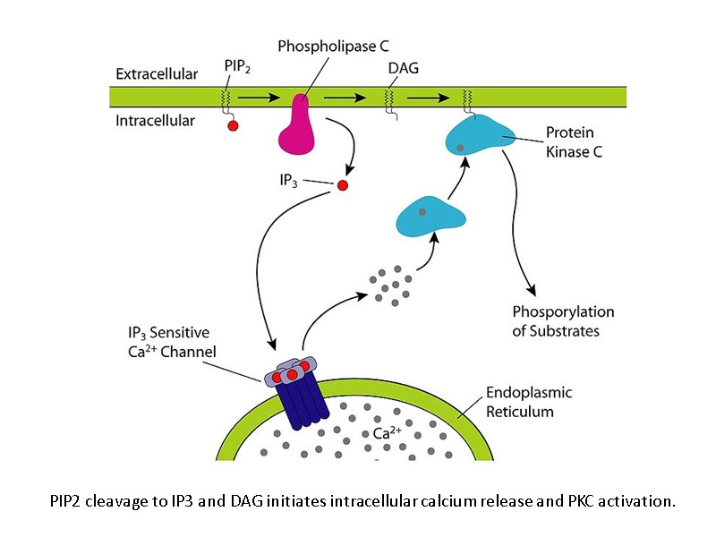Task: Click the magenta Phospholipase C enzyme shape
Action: [x=297, y=128]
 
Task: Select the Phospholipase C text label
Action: [x=333, y=47]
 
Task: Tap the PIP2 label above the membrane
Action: [x=237, y=66]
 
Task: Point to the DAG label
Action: [x=404, y=68]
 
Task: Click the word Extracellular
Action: [x=157, y=74]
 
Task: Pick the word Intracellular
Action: [x=155, y=121]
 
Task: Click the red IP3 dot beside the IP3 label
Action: [x=343, y=185]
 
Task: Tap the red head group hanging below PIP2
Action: [x=233, y=125]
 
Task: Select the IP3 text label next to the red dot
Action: [x=288, y=181]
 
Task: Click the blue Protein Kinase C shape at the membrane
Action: [x=480, y=136]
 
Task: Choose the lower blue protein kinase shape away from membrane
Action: [x=430, y=217]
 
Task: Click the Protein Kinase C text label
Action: [x=574, y=142]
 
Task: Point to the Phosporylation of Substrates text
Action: [x=563, y=321]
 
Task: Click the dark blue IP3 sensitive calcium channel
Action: [x=297, y=394]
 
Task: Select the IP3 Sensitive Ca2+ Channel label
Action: [x=172, y=342]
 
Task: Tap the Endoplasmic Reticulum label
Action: [x=529, y=402]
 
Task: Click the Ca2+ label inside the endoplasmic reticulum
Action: [x=388, y=432]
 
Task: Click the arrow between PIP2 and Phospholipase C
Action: [x=259, y=98]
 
